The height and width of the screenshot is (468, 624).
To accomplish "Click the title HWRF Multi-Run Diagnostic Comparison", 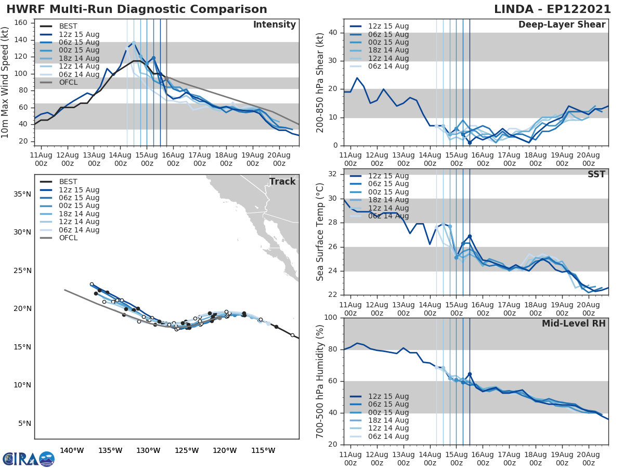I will (x=137, y=9).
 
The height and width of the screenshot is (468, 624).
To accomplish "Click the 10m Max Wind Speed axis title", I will (x=6, y=81).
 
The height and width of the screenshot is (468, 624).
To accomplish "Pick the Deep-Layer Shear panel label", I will (x=562, y=25).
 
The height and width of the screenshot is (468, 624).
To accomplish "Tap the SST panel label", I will (x=596, y=174).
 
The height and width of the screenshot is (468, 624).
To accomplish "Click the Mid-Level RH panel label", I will (x=574, y=323).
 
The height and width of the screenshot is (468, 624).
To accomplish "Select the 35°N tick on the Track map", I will (x=23, y=194).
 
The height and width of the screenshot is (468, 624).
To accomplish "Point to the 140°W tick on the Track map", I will (x=72, y=450).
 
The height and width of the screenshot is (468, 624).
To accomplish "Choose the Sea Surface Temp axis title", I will (x=320, y=232).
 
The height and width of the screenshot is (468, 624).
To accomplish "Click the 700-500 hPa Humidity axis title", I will (x=320, y=381).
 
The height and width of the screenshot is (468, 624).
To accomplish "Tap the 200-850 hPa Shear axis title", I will (x=320, y=82).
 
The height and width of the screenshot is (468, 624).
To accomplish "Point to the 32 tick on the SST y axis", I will (x=333, y=174).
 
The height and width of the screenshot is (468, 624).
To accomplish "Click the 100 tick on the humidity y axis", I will (x=331, y=317).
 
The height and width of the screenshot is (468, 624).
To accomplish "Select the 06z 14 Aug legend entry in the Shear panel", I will (x=389, y=67).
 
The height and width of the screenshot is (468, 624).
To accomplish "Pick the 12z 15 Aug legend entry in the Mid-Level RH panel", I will (x=389, y=396).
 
